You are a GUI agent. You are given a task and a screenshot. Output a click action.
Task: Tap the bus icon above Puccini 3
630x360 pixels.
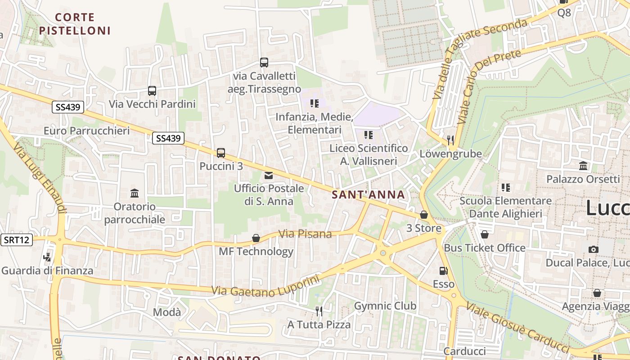(220, 153)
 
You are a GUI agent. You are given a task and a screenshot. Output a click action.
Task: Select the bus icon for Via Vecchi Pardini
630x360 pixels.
(152, 91)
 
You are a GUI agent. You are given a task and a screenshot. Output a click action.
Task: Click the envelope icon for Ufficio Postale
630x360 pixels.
(269, 175)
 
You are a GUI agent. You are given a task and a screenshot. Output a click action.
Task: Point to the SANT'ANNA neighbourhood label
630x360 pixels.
(369, 195)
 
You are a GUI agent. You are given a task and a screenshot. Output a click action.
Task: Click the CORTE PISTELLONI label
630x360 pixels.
(75, 24)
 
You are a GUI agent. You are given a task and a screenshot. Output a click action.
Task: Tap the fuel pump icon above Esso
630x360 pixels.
(443, 271)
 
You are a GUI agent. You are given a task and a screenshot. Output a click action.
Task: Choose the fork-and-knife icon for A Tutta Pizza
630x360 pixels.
(319, 311)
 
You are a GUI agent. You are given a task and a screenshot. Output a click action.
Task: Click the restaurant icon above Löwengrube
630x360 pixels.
(450, 140)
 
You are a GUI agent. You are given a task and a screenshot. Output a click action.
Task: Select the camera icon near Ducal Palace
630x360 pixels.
(594, 249)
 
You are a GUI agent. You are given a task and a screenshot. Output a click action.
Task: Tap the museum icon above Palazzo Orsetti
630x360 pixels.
(584, 166)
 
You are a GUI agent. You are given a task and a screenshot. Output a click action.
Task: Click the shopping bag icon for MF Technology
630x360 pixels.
(256, 238)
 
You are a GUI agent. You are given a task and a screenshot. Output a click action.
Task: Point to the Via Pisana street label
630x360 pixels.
(305, 234)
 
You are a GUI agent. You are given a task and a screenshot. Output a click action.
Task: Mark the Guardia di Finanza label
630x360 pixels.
(47, 270)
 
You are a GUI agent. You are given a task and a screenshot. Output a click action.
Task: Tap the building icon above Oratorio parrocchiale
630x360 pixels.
(135, 193)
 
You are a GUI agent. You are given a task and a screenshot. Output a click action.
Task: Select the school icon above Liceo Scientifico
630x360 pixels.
(369, 135)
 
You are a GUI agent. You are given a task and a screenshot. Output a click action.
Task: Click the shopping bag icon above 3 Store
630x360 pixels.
(423, 215)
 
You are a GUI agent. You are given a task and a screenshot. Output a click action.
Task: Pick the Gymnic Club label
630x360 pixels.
(385, 306)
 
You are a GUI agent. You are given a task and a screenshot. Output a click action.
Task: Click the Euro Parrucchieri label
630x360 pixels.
(86, 131)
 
